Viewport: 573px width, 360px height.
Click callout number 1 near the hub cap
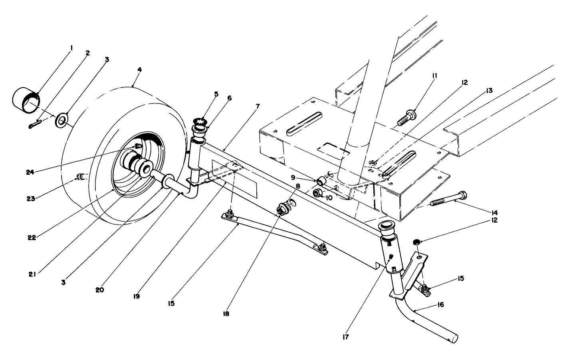click(x=71, y=48)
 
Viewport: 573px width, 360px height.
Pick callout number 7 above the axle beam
click(x=258, y=107)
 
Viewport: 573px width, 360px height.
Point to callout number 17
click(x=345, y=337)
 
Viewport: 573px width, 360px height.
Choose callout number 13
click(x=489, y=91)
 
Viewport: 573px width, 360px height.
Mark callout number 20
click(x=100, y=290)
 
